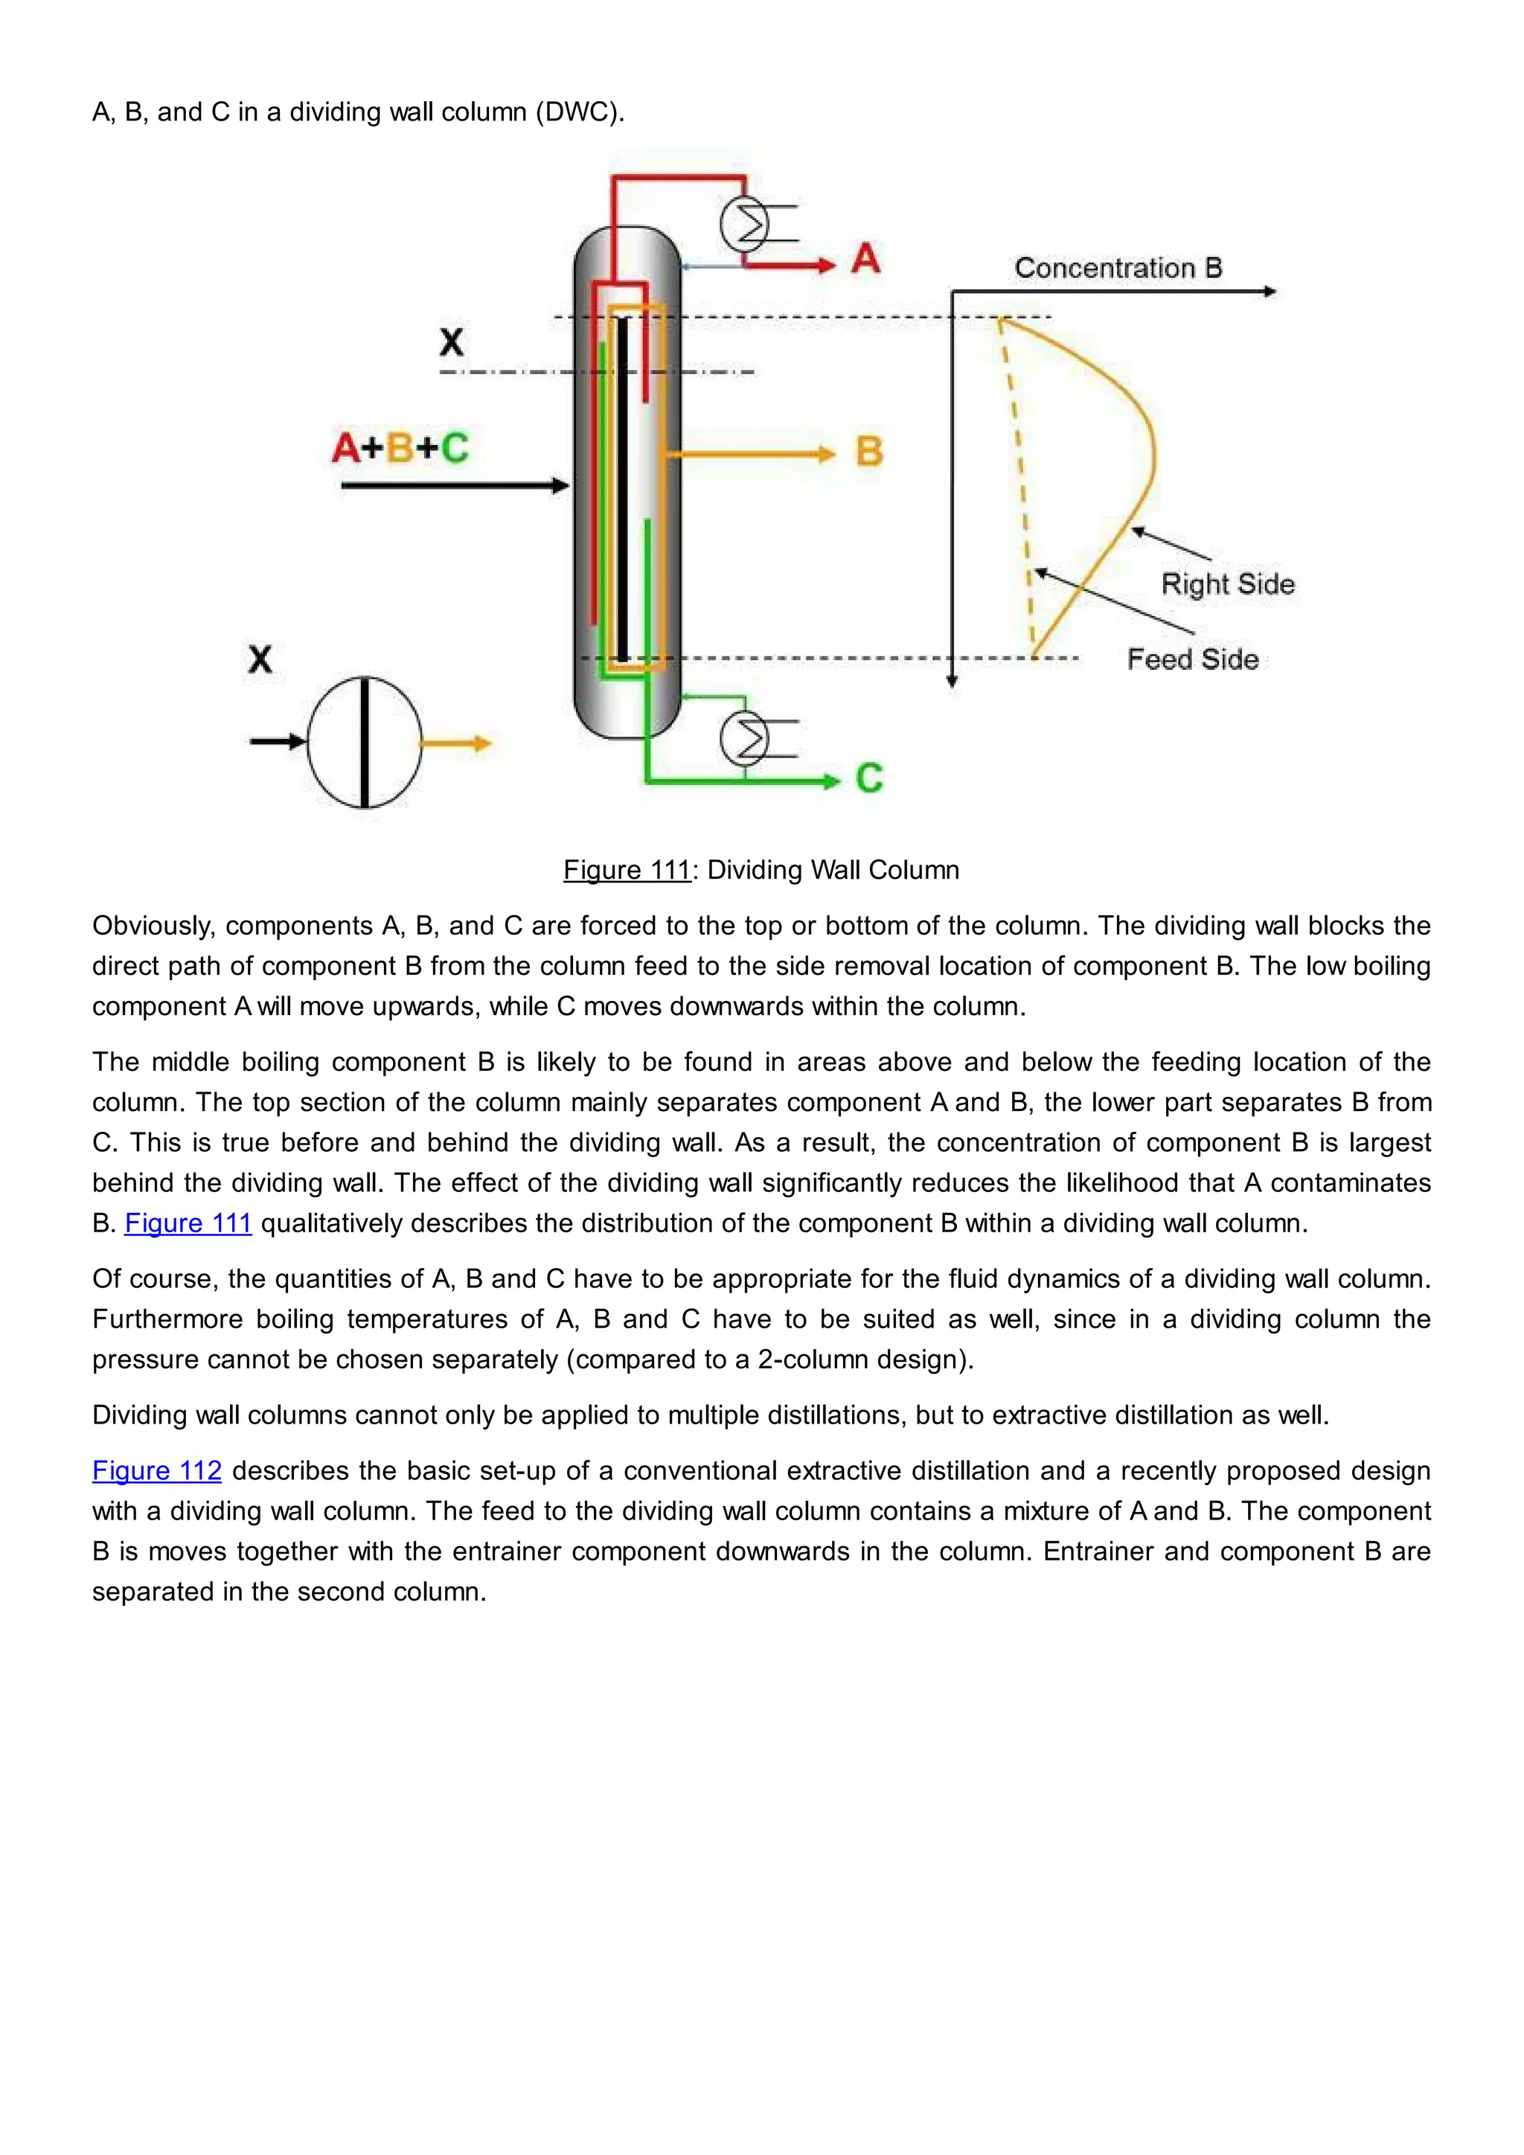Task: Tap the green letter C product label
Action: coord(869,778)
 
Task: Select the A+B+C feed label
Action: coord(400,448)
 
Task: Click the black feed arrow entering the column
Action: coord(455,485)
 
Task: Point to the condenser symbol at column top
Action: coord(745,224)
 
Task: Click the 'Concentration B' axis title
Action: coord(1118,269)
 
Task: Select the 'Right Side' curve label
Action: coord(1227,584)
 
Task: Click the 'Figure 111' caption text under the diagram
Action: coord(627,870)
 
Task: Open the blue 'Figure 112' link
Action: coord(157,1470)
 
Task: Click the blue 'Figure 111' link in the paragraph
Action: coord(188,1223)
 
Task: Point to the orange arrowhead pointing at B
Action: coord(826,454)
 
